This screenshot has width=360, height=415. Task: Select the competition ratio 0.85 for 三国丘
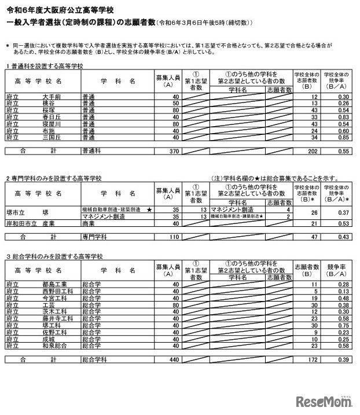343,137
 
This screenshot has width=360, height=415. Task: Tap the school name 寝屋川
51,123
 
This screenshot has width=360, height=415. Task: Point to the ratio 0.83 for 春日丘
343,116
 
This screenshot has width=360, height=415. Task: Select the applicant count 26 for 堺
314,212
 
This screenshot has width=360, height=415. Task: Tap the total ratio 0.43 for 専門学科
343,237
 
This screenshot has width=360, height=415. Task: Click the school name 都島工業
54,284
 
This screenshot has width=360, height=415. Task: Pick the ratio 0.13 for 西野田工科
343,291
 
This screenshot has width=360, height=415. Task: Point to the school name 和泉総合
54,346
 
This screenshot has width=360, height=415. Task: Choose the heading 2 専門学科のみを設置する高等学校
54,178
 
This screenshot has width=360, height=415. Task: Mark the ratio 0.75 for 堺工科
343,325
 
